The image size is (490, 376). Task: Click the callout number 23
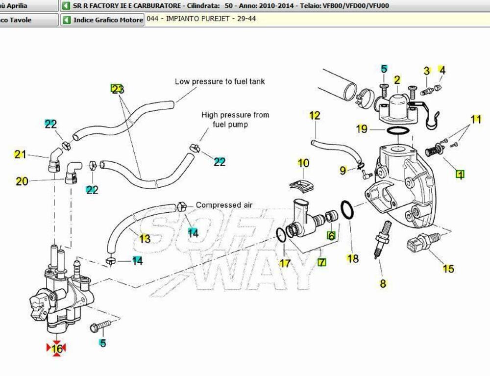pos(117,89)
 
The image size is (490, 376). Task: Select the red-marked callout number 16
pos(56,349)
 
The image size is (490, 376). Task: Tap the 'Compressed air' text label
pos(224,205)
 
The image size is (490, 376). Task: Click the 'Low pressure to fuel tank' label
pos(220,81)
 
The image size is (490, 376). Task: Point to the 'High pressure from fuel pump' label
pos(235,120)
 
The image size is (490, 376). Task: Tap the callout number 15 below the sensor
pos(448,269)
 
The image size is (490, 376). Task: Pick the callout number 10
pos(303,163)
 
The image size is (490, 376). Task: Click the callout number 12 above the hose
pos(315,115)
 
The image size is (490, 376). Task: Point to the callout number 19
pos(362,129)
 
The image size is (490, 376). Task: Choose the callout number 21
pos(20,154)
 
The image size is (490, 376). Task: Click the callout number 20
pos(22,181)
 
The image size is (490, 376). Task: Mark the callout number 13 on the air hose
pos(145,239)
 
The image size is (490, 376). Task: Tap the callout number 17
pos(285,263)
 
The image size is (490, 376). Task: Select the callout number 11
pos(476,119)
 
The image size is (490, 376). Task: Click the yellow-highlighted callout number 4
pos(442,70)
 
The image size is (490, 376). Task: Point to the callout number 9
pos(343,170)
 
